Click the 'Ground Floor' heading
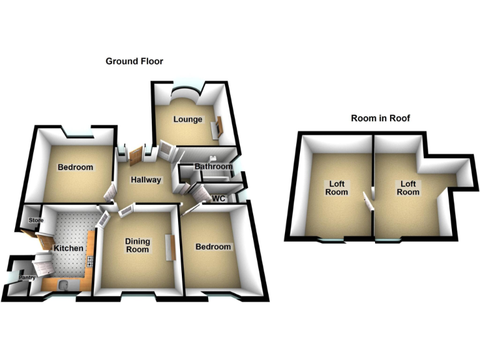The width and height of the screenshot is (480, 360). pyautogui.click(x=134, y=61)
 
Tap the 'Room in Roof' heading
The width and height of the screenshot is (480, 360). pyautogui.click(x=380, y=118)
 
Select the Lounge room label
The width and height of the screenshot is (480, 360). pyautogui.click(x=187, y=119)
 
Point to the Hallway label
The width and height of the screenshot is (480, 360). pyautogui.click(x=146, y=180)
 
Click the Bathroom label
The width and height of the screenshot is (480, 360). pyautogui.click(x=214, y=166)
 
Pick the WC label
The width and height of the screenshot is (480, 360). pyautogui.click(x=219, y=198)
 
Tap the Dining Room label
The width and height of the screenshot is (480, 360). pyautogui.click(x=137, y=245)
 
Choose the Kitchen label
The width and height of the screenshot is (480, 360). pyautogui.click(x=69, y=248)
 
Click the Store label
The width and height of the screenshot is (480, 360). pyautogui.click(x=36, y=220)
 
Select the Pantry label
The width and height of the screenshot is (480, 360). pyautogui.click(x=27, y=277)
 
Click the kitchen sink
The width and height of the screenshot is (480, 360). pyautogui.click(x=64, y=286)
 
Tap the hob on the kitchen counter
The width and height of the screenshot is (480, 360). pyautogui.click(x=90, y=261)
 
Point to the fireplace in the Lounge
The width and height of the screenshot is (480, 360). pyautogui.click(x=216, y=127)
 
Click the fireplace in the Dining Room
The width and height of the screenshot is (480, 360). pyautogui.click(x=171, y=247)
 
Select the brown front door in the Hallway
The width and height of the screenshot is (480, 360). pyautogui.click(x=136, y=156)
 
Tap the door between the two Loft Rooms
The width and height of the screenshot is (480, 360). pyautogui.click(x=368, y=201)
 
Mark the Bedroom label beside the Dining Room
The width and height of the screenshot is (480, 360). pyautogui.click(x=213, y=247)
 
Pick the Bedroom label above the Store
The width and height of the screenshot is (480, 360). pyautogui.click(x=75, y=167)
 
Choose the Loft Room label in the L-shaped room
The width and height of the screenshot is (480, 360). pyautogui.click(x=408, y=188)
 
